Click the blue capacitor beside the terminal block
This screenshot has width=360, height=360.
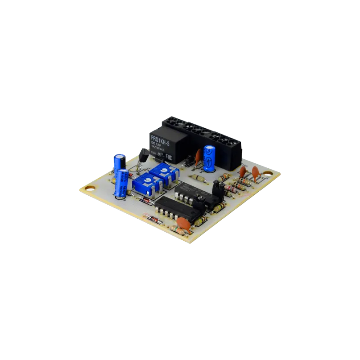(x=209, y=158)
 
